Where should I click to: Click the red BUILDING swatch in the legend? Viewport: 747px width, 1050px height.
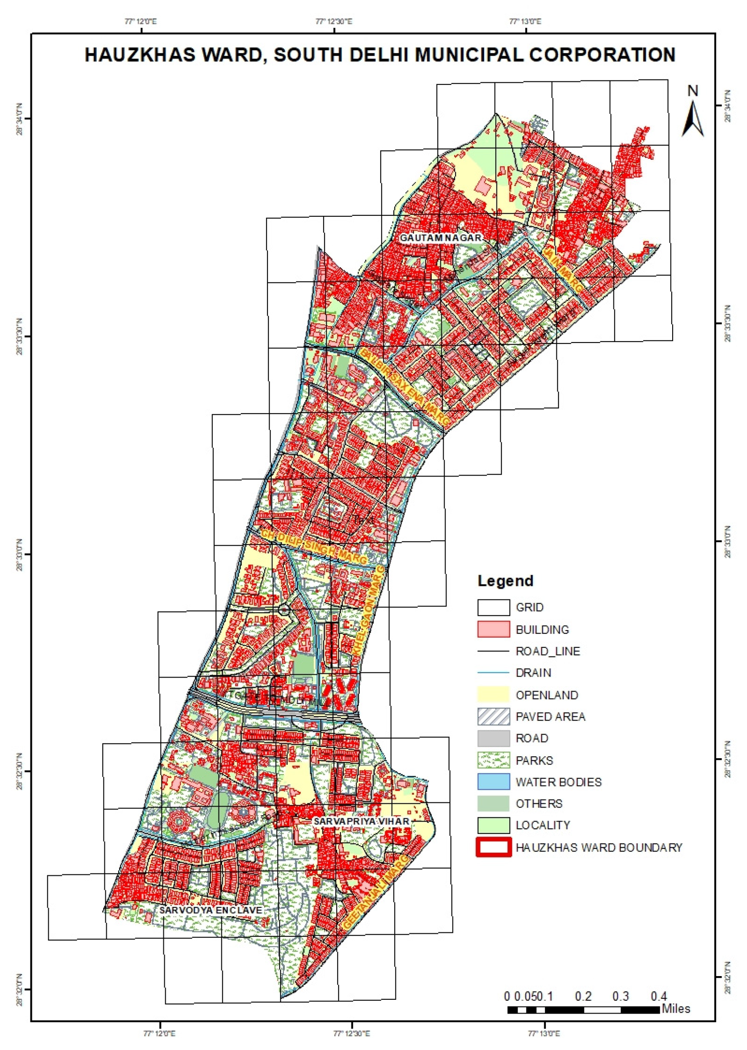(493, 629)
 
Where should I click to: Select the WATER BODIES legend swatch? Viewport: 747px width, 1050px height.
(493, 781)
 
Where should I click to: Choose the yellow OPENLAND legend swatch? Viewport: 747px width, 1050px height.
(493, 695)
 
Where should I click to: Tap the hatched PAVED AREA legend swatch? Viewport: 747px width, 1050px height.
(493, 716)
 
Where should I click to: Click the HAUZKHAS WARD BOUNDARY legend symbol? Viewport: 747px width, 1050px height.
(493, 847)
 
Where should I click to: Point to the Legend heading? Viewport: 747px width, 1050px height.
(505, 581)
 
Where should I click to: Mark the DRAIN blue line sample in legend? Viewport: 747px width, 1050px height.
(493, 672)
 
